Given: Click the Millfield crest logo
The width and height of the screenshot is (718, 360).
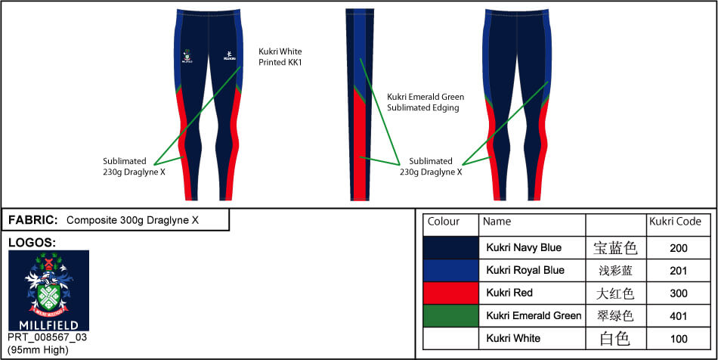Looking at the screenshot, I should (48, 290).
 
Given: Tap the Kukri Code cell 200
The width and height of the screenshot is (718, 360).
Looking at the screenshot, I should (679, 247).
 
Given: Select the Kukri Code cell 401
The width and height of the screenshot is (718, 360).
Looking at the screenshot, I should (679, 315).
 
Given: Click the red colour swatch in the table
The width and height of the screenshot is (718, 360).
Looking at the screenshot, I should (450, 293).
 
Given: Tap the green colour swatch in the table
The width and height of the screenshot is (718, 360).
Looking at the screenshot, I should (450, 315).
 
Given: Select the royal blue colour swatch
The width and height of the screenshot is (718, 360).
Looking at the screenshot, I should (450, 270).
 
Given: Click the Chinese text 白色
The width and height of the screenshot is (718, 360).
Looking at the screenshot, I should (615, 338).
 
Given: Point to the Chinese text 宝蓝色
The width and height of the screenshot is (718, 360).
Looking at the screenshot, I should (615, 247).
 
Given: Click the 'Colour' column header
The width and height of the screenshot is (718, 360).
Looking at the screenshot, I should (444, 222).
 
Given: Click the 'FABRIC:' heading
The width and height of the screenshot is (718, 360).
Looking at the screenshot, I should (32, 220).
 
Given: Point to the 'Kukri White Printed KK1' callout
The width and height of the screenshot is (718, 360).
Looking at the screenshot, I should (280, 57).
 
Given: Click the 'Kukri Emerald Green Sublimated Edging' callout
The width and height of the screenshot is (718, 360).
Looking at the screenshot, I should (426, 102).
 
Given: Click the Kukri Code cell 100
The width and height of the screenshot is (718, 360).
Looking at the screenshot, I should (679, 338).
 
